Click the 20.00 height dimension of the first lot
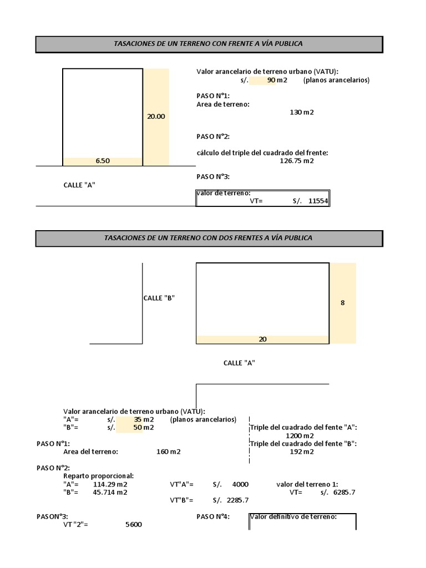point(156,116)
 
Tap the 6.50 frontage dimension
point(103,161)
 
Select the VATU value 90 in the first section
point(271,80)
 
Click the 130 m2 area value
point(302,112)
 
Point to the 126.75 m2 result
point(297,161)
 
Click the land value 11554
point(318,201)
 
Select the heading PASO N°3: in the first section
point(213,176)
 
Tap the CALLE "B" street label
point(159,298)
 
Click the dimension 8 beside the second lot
point(342,303)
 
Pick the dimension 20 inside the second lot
point(262,339)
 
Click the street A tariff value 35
point(138,419)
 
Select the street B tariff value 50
point(138,428)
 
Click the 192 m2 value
point(302,452)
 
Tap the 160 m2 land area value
point(169,452)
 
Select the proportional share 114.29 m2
point(110,484)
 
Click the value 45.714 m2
point(110,492)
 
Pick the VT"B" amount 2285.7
point(237,500)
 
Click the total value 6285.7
point(344,492)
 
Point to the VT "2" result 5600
point(134,524)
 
